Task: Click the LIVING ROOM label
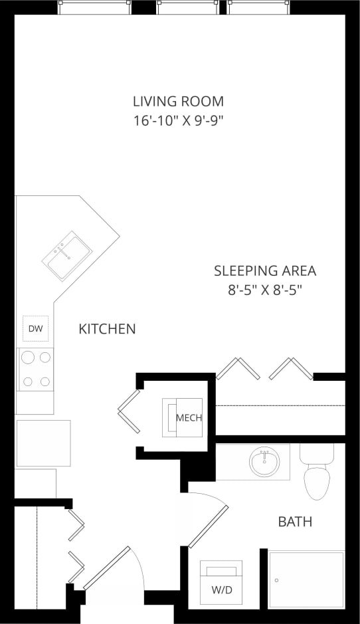point(178,102)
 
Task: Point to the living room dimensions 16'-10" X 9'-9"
point(178,121)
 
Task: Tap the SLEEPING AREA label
point(264,271)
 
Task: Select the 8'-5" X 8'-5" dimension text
point(264,290)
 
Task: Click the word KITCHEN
point(107,329)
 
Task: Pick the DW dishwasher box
point(35,328)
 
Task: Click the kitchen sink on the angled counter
point(67,255)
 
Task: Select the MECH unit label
point(188,418)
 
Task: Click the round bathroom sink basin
point(264,461)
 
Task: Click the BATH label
point(295,522)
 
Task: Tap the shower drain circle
point(276,580)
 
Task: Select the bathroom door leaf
point(209,526)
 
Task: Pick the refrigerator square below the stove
point(43,443)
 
